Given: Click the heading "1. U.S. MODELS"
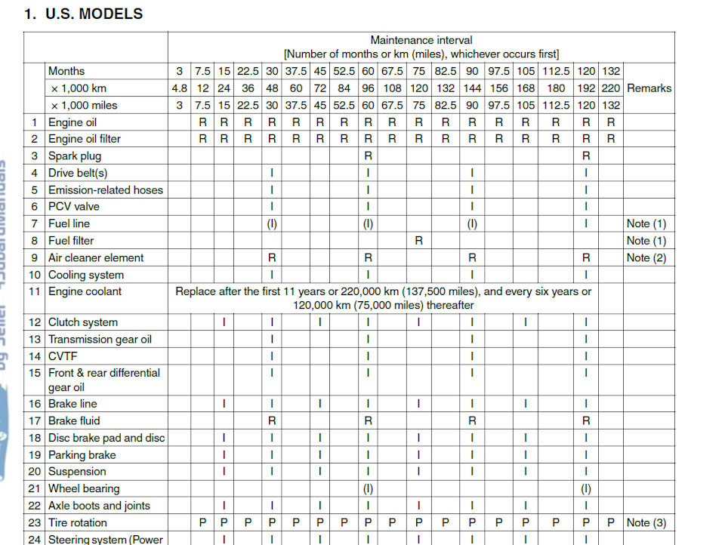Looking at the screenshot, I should click(83, 14).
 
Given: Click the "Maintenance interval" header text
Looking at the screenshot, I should click(421, 40).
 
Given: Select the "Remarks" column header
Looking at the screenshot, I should click(649, 88).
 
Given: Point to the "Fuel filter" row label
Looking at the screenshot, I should click(71, 241).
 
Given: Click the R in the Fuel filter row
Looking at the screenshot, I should click(418, 241).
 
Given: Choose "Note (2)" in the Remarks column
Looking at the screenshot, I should click(646, 257).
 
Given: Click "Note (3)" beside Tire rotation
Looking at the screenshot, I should click(646, 522).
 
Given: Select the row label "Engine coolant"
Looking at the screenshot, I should click(85, 291).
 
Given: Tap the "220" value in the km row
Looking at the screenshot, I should click(611, 88).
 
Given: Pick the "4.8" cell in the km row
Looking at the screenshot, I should click(179, 88).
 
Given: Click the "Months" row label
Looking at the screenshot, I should click(66, 71).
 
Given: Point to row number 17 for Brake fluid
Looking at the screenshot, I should click(35, 420).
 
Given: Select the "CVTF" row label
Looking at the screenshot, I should click(63, 356).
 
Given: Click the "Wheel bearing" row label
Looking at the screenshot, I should click(84, 488).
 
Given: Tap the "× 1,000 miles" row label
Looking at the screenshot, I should click(84, 106).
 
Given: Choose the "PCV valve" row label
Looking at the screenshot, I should click(74, 206).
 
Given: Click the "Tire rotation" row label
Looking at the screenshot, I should click(78, 522).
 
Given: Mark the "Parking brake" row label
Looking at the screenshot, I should click(82, 454).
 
